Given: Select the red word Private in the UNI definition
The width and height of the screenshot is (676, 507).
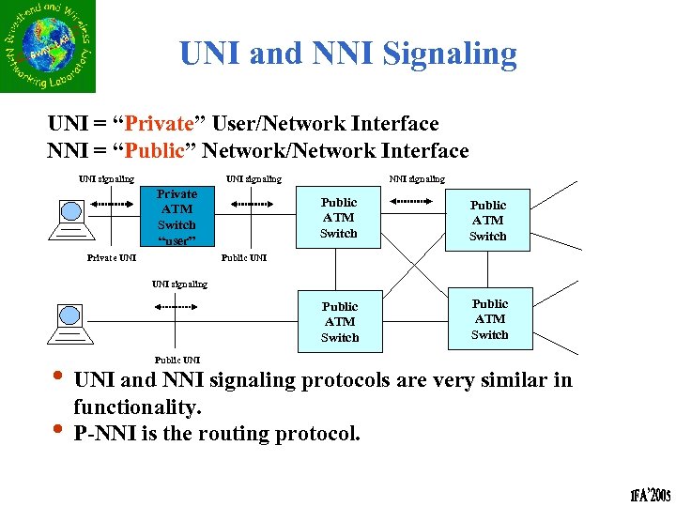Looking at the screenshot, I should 159,123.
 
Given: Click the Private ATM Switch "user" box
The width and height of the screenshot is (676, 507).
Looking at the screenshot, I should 177,217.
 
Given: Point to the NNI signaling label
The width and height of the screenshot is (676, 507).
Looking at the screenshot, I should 417,178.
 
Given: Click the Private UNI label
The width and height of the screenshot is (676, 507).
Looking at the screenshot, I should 112,256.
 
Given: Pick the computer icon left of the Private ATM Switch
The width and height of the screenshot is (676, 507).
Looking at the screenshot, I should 71,220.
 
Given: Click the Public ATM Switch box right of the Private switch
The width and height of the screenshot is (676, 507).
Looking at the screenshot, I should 339,218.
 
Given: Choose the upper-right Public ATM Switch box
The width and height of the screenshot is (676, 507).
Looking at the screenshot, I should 487,221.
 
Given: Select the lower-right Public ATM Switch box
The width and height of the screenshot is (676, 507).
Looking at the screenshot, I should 489,319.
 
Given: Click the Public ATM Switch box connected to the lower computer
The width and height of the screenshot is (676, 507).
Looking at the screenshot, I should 340,322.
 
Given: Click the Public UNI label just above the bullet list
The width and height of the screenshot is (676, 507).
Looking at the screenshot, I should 177,360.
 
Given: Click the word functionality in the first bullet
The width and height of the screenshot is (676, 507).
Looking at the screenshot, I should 136,407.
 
